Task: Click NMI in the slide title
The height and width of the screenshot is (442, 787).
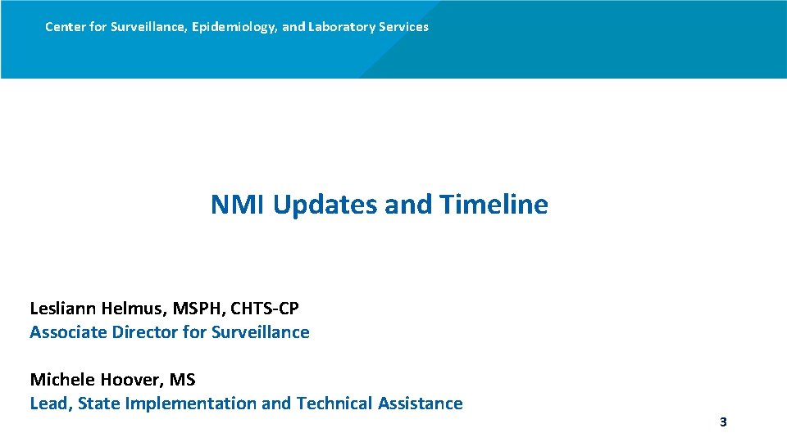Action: tap(238, 204)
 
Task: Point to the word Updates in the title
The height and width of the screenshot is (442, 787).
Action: tap(325, 204)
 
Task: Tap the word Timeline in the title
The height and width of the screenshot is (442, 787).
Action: tap(494, 204)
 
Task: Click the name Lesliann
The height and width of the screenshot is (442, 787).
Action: tap(62, 309)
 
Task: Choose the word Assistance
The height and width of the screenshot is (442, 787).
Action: tap(420, 404)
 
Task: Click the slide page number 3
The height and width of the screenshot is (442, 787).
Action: tap(723, 422)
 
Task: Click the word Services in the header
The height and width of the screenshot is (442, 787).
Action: tap(400, 27)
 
